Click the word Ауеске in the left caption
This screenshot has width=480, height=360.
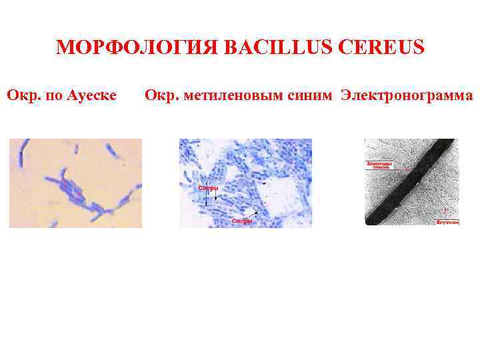coord(90,96)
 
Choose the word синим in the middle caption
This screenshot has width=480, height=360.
coord(307,96)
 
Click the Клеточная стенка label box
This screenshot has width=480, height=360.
coord(378,165)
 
